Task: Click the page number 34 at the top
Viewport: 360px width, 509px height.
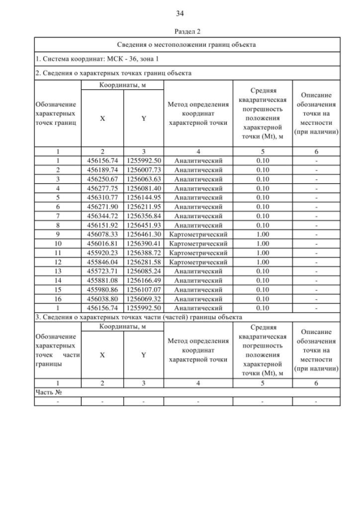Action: click(x=180, y=13)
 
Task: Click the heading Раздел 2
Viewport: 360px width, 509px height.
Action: click(x=180, y=31)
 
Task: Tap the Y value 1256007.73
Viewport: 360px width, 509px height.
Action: click(x=143, y=169)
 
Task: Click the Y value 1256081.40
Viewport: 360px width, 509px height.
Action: click(x=143, y=188)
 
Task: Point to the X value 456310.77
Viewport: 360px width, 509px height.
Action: click(x=102, y=197)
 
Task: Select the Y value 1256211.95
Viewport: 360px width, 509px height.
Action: click(x=143, y=206)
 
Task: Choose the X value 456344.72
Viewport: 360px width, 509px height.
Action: click(x=102, y=215)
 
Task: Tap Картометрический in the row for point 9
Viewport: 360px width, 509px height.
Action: click(x=198, y=234)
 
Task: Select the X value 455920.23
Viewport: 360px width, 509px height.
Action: click(x=102, y=253)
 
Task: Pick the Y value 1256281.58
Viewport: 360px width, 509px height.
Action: click(x=143, y=262)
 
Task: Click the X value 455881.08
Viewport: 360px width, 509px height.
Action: click(x=102, y=280)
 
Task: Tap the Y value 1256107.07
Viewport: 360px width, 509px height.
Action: click(x=143, y=289)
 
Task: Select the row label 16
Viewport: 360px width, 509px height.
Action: click(x=57, y=299)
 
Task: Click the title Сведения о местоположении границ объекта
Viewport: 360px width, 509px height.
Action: click(x=187, y=44)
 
